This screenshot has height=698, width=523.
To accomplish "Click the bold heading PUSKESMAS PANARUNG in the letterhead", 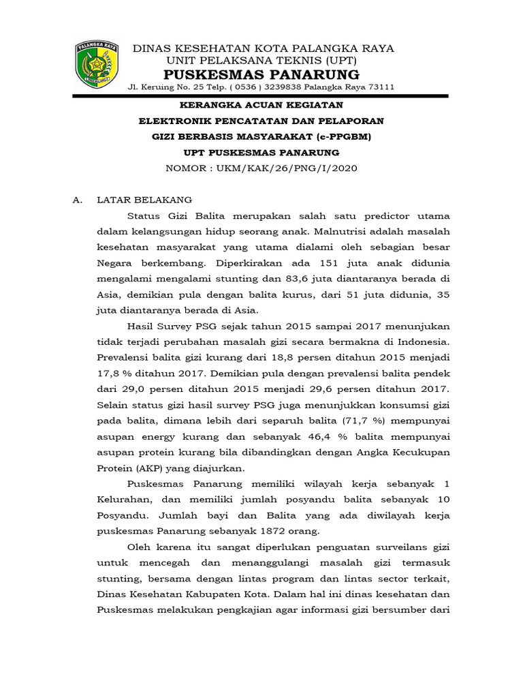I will (x=263, y=74).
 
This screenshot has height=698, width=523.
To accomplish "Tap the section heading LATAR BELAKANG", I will (x=144, y=200).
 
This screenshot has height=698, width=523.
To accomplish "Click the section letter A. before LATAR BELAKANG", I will (x=78, y=200).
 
